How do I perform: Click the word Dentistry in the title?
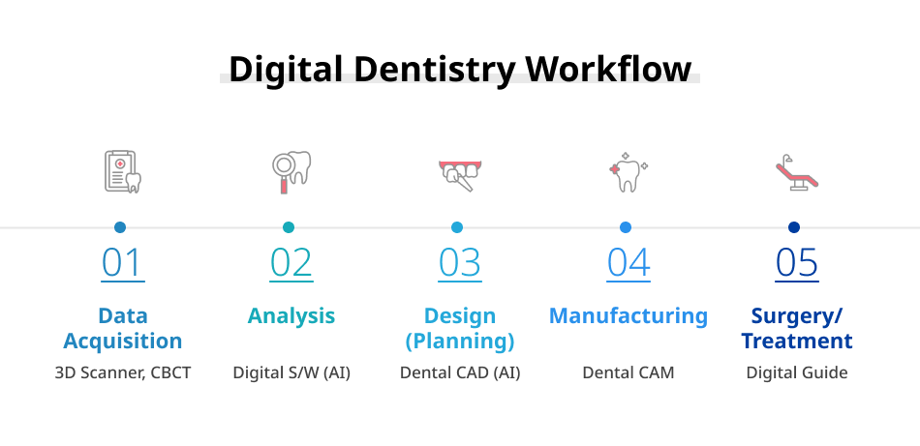click(x=434, y=69)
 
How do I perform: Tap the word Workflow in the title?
click(x=608, y=69)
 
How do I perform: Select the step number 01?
click(x=123, y=262)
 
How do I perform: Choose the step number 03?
click(x=460, y=262)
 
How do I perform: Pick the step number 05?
click(x=797, y=262)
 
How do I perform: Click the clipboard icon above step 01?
click(x=123, y=171)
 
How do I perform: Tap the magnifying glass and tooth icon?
click(x=291, y=171)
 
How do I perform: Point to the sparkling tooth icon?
click(x=628, y=171)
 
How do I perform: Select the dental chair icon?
click(x=797, y=172)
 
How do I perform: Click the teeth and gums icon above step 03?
click(x=460, y=175)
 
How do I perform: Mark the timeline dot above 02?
click(x=289, y=227)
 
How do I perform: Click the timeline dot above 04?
click(x=626, y=227)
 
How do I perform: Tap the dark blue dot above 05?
click(x=794, y=227)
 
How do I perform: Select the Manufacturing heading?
click(x=629, y=315)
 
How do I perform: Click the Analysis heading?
click(x=291, y=316)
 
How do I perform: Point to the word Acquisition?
click(x=123, y=342)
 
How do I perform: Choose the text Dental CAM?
click(x=629, y=372)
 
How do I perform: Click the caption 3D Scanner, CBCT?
click(x=123, y=372)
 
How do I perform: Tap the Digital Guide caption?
click(x=797, y=372)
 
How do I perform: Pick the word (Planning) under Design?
click(x=460, y=342)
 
